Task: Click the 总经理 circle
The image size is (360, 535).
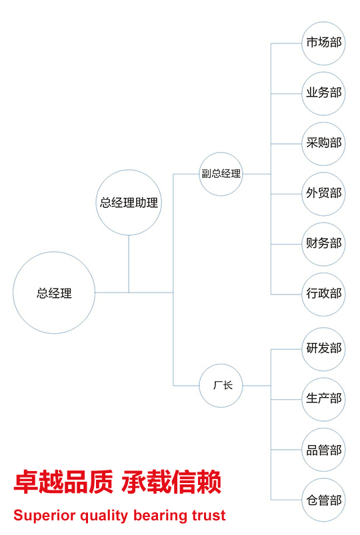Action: click(54, 292)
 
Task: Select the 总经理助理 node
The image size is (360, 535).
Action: click(129, 203)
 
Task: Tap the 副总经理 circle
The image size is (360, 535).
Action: click(221, 174)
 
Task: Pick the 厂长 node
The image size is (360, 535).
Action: click(221, 386)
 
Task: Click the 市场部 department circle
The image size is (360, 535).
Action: click(323, 43)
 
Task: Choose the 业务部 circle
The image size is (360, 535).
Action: click(323, 93)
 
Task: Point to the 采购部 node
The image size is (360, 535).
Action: click(323, 144)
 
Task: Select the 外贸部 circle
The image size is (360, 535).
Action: click(323, 194)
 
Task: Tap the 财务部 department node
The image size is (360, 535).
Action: click(323, 244)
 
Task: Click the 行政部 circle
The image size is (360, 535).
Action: click(323, 294)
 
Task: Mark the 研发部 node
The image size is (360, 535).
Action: click(323, 349)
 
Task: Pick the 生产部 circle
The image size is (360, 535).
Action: click(323, 399)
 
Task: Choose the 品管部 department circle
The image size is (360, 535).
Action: click(323, 450)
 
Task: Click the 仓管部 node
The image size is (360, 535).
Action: click(323, 500)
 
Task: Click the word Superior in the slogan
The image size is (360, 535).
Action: click(45, 516)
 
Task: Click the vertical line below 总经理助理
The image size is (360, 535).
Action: click(129, 264)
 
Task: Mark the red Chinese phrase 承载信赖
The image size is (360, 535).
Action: click(171, 482)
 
